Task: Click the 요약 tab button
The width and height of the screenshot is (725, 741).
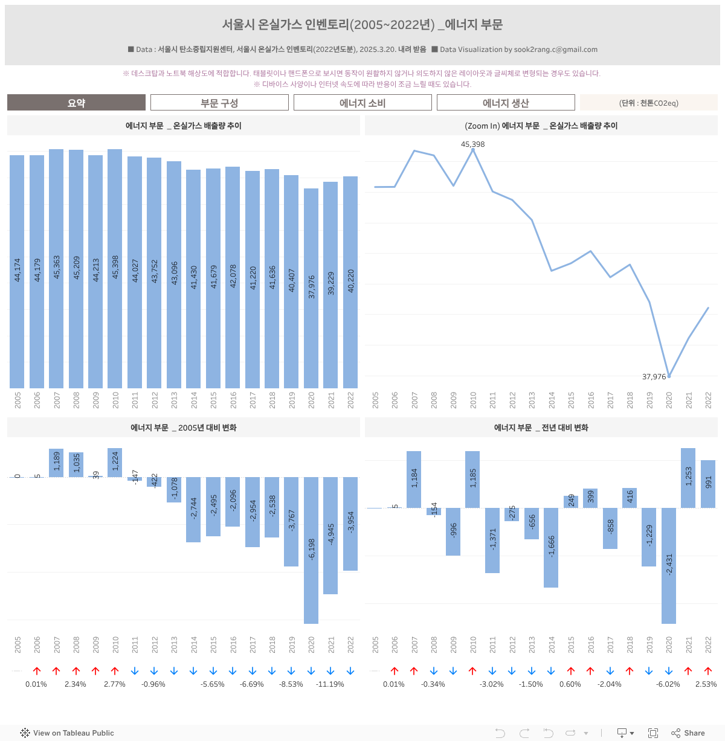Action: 76,103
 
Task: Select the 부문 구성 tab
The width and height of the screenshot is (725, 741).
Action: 219,103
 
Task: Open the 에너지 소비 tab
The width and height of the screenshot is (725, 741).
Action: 362,103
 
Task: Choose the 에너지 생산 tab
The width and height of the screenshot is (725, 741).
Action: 506,103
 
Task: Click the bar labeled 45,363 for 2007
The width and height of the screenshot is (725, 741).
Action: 56,269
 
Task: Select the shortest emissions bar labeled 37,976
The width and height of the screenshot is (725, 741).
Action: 311,288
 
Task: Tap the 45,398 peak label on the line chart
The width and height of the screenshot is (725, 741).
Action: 472,144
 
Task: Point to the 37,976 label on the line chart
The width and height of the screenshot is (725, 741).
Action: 654,377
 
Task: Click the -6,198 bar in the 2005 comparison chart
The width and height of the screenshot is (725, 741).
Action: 311,550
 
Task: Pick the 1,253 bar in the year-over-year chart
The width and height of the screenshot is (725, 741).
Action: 688,477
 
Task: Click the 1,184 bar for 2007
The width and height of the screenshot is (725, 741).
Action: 414,479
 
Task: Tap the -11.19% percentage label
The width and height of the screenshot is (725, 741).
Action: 330,684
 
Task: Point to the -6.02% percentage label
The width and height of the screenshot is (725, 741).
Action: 668,684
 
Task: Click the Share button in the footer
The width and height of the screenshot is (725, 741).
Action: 688,733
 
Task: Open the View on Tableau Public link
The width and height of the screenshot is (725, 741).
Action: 67,733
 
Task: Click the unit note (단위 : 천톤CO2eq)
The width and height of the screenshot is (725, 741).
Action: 649,103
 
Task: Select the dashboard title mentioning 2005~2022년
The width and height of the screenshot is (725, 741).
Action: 362,25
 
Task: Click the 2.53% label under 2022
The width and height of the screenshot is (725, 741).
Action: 706,684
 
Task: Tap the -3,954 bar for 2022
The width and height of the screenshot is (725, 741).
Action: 350,523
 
